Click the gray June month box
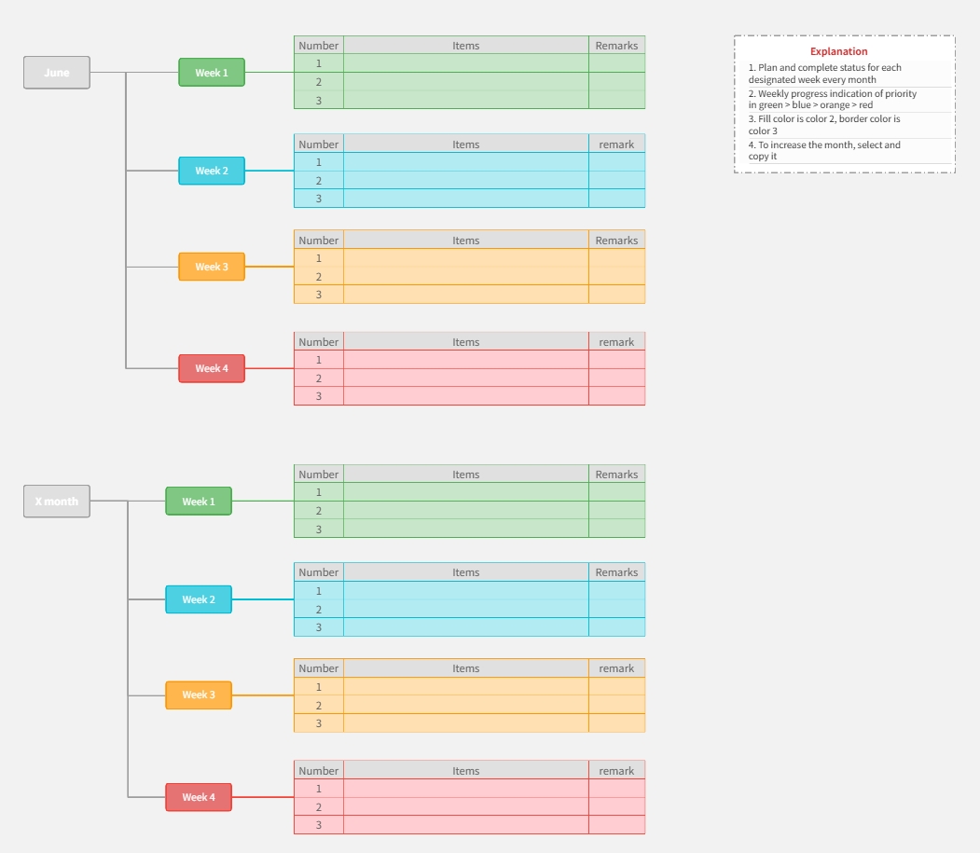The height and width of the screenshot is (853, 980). [x=57, y=73]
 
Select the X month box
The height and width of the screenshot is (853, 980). [x=57, y=502]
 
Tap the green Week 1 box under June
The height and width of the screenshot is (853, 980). [x=212, y=73]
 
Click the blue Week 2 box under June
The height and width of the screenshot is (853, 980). [x=212, y=171]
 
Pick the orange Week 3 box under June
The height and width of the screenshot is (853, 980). [x=212, y=267]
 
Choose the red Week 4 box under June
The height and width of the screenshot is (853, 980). [x=212, y=368]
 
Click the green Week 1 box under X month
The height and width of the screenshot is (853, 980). [x=199, y=502]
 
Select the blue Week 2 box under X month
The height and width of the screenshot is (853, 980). [x=199, y=599]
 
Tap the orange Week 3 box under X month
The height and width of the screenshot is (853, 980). [x=199, y=695]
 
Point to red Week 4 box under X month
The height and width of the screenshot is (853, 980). [x=199, y=797]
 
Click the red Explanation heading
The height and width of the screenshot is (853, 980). [x=838, y=51]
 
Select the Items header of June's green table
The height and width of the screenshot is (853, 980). [x=466, y=46]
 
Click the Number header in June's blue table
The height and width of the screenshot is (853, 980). [x=319, y=144]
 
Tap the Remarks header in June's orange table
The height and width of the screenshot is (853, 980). [x=616, y=241]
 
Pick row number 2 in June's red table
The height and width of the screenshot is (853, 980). [x=319, y=378]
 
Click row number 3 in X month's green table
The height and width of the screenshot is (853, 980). [x=319, y=530]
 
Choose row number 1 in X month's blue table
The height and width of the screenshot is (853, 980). [x=319, y=590]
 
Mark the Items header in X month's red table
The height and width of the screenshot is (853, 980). [x=466, y=771]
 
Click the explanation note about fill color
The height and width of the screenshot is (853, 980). [x=824, y=125]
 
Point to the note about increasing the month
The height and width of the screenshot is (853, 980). [x=824, y=151]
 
